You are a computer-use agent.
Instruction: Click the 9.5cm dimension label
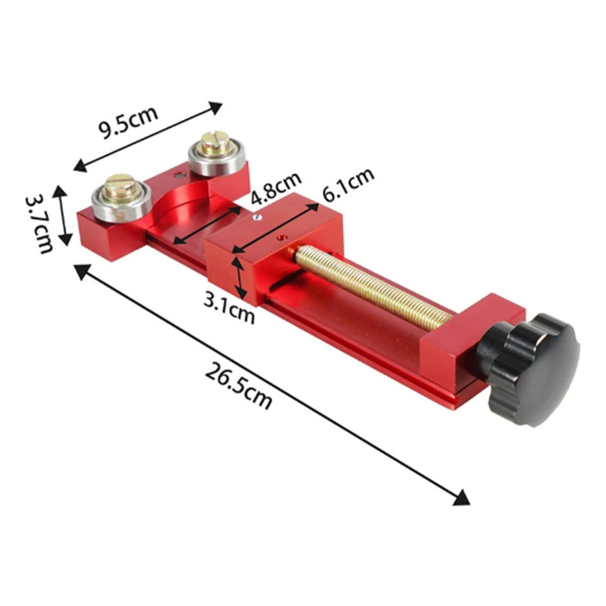tap(128, 121)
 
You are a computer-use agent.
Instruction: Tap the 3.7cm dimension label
tap(39, 224)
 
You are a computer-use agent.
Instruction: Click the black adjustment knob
tap(530, 369)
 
